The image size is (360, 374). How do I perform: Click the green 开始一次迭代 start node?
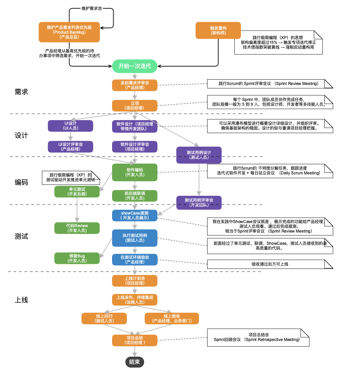coord(134,66)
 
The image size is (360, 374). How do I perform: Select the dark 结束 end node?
coord(134,362)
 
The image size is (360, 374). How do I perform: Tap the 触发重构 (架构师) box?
coord(218,31)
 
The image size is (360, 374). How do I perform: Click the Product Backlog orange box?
coord(69,32)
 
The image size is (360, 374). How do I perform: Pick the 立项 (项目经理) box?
coord(134,106)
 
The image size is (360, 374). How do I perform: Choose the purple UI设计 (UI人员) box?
coord(71,126)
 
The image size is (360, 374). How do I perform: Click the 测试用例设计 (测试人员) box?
coord(199,155)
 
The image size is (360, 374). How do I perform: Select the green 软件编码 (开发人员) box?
coord(134,172)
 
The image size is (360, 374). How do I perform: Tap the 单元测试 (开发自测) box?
coord(77,192)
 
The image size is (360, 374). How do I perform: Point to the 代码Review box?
coord(77,228)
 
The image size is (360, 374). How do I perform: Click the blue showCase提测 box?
coord(134,215)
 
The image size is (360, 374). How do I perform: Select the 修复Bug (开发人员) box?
coord(77,258)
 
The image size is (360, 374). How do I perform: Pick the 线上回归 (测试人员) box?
coord(104,319)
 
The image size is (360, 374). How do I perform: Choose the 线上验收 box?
coord(172,319)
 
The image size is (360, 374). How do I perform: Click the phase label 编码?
coord(21,182)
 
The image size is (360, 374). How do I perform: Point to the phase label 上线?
coord(21,300)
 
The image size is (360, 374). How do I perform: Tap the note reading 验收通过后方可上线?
coord(270,264)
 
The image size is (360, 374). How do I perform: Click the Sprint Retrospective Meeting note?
coord(258,338)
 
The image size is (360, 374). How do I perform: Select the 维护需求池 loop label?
coord(92,8)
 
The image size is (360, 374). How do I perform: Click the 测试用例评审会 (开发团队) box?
coord(199,203)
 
